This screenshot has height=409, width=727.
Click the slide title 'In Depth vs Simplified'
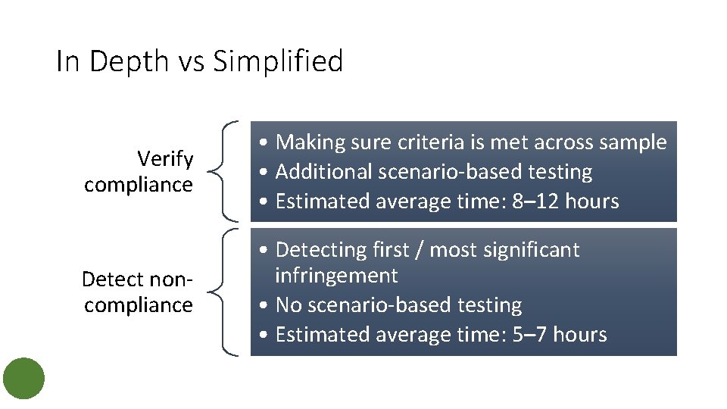pos(199,61)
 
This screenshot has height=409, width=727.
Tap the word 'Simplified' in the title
pos(278,61)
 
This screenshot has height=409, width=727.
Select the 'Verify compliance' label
pos(139,172)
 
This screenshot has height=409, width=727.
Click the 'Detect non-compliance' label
pos(137,292)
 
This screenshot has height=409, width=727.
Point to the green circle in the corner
pos(23,379)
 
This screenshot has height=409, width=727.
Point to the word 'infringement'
pos(336,276)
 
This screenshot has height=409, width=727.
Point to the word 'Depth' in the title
pos(131,61)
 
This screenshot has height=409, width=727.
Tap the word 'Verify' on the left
pos(165,159)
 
